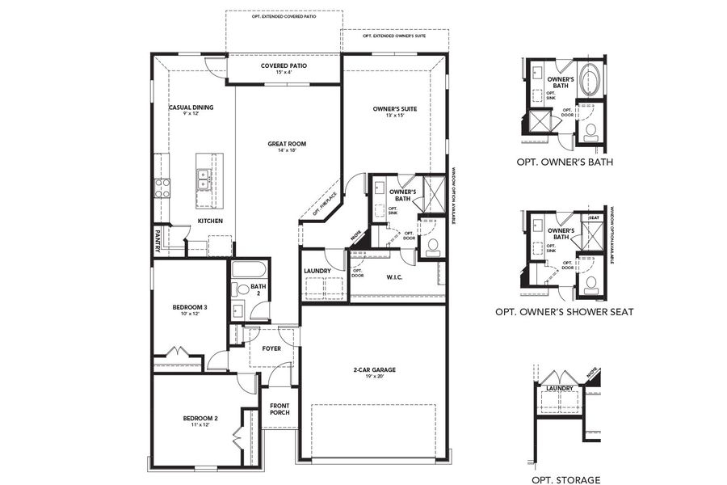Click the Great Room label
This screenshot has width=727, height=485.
pyautogui.click(x=287, y=144)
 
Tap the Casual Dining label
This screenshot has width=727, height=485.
pyautogui.click(x=191, y=108)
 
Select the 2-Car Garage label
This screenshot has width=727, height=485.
pyautogui.click(x=372, y=371)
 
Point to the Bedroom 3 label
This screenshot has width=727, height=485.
pyautogui.click(x=190, y=307)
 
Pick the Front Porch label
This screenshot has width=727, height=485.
pyautogui.click(x=279, y=409)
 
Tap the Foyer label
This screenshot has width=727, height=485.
pyautogui.click(x=271, y=348)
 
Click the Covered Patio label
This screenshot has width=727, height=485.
pyautogui.click(x=283, y=65)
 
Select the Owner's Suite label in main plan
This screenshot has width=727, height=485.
pyautogui.click(x=394, y=108)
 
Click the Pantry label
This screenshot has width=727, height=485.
pyautogui.click(x=158, y=239)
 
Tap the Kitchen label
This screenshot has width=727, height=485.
pyautogui.click(x=210, y=221)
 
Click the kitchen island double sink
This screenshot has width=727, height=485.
pyautogui.click(x=204, y=178)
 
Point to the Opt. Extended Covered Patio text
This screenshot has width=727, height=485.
pyautogui.click(x=284, y=16)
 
